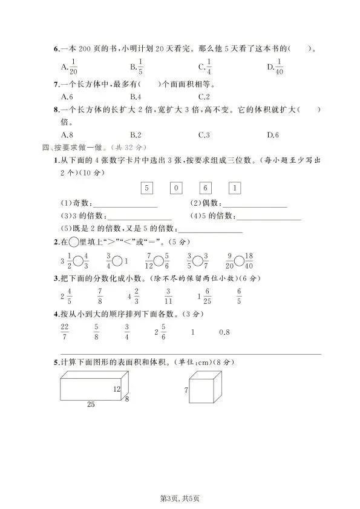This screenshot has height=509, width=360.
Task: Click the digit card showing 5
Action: [146, 188]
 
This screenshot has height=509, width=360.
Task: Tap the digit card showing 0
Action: [175, 188]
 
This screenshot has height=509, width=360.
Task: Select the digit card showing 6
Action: [205, 188]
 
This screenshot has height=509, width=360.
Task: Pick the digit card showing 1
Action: [235, 188]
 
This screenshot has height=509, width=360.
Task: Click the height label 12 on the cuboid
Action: [117, 389]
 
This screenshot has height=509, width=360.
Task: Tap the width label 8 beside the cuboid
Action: [127, 399]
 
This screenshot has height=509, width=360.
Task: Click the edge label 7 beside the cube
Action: [186, 391]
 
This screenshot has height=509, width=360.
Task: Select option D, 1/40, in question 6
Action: [278, 67]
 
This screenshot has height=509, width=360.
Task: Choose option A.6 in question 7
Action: [67, 97]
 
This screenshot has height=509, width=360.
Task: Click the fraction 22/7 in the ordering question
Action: [65, 332]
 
